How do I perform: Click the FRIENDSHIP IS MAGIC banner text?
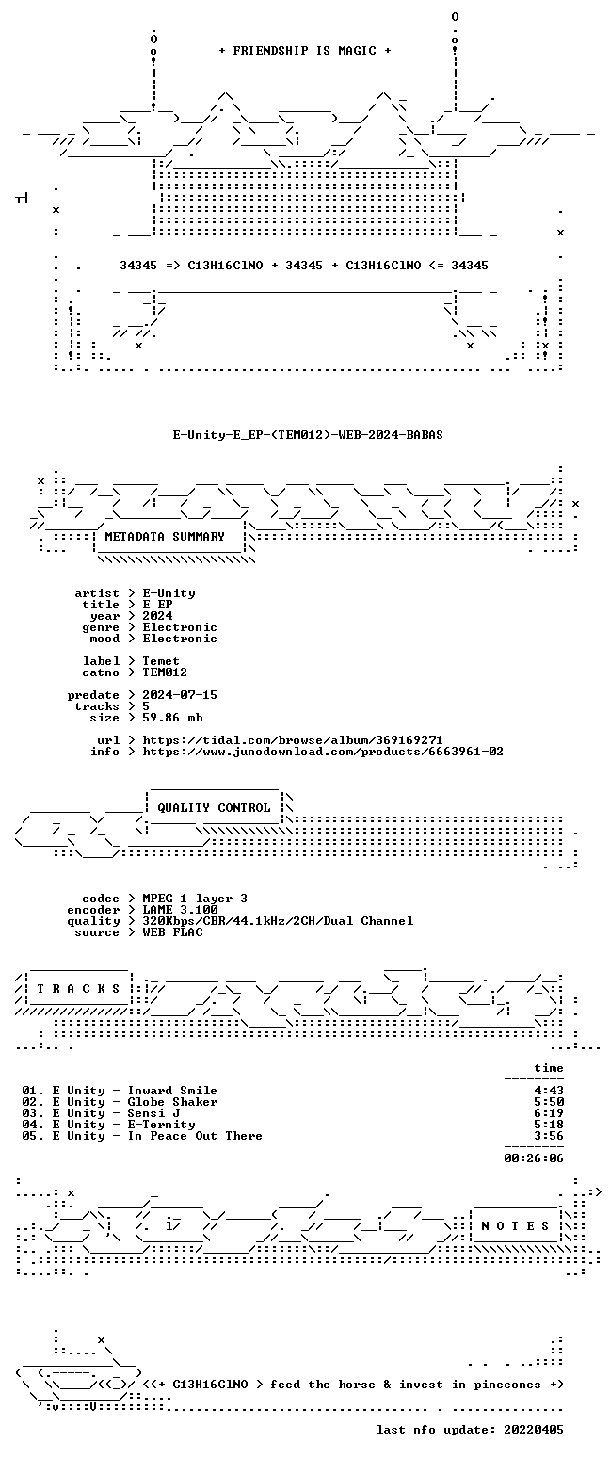pyautogui.click(x=304, y=51)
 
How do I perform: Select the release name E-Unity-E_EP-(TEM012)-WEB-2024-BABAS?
pyautogui.click(x=308, y=435)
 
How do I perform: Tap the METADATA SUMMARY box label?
pyautogui.click(x=165, y=536)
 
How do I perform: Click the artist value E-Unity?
pyautogui.click(x=169, y=593)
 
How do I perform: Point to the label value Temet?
pyautogui.click(x=161, y=661)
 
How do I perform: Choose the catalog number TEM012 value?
pyautogui.click(x=165, y=672)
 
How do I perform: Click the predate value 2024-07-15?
pyautogui.click(x=180, y=695)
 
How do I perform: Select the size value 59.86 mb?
pyautogui.click(x=173, y=718)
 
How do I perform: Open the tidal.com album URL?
pyautogui.click(x=293, y=740)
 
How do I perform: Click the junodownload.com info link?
pyautogui.click(x=323, y=752)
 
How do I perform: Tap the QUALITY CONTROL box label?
pyautogui.click(x=214, y=808)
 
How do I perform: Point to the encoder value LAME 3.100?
pyautogui.click(x=180, y=910)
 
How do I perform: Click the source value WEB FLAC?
pyautogui.click(x=173, y=932)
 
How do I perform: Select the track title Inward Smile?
pyautogui.click(x=172, y=1091)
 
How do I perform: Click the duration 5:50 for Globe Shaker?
pyautogui.click(x=549, y=1102)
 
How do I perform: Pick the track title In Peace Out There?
pyautogui.click(x=195, y=1136)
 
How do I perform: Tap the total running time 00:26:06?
pyautogui.click(x=534, y=1158)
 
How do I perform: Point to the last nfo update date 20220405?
pyautogui.click(x=534, y=1430)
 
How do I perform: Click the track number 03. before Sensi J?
pyautogui.click(x=33, y=1113)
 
